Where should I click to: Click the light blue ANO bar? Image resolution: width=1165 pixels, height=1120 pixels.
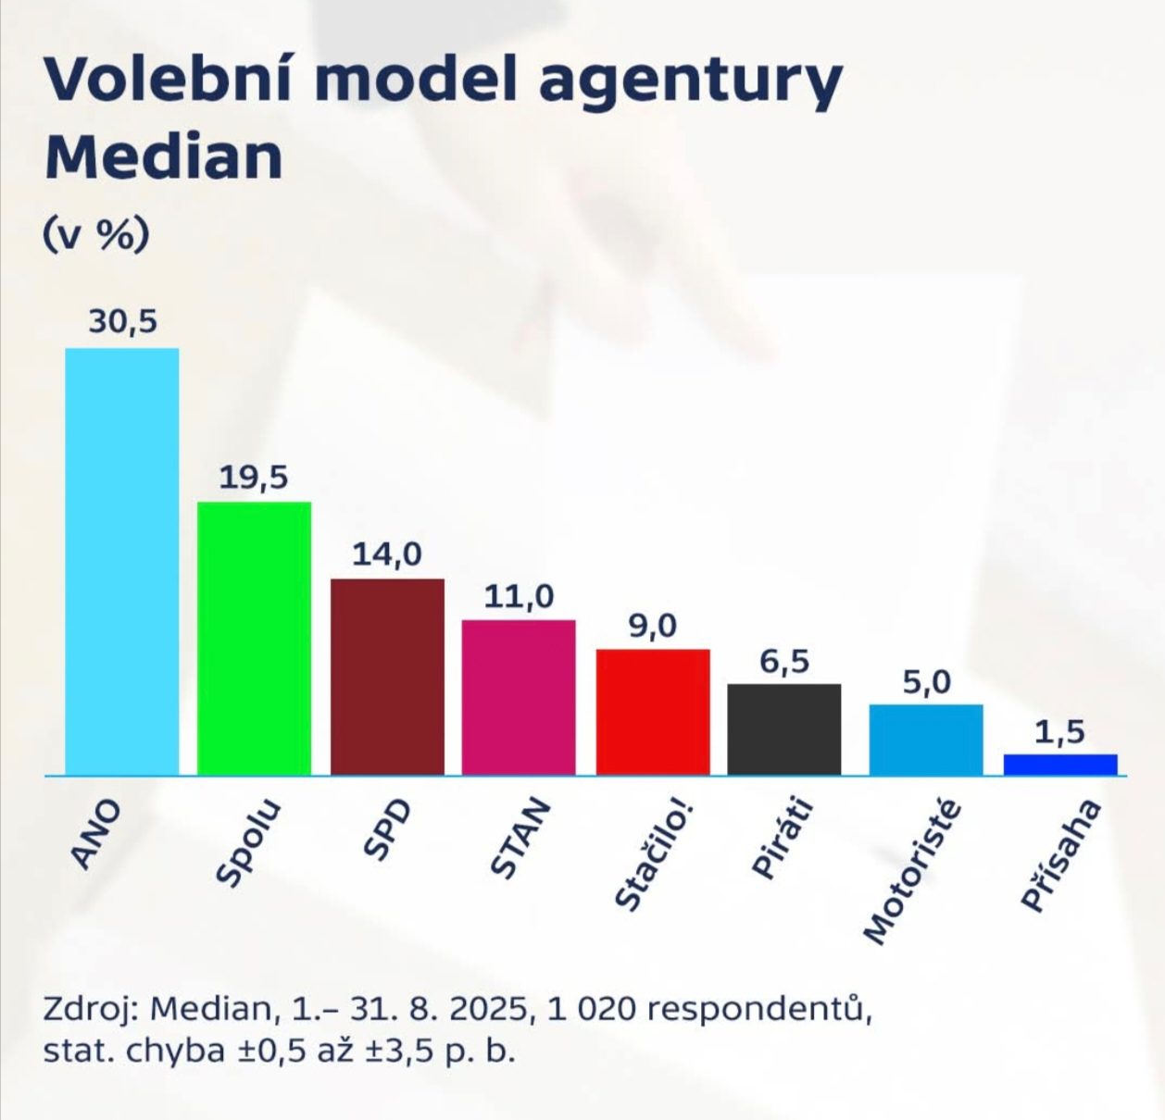pyautogui.click(x=121, y=561)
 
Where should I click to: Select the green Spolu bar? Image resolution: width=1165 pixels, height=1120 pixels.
pyautogui.click(x=254, y=638)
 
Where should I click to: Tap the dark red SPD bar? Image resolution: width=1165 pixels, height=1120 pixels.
pyautogui.click(x=387, y=677)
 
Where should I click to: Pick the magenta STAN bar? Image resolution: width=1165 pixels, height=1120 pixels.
pyautogui.click(x=519, y=697)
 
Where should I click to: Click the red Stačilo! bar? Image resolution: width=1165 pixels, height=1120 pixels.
pyautogui.click(x=653, y=712)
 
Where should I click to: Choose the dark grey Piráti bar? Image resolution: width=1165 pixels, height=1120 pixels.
pyautogui.click(x=784, y=729)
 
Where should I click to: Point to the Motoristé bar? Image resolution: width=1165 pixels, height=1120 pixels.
pyautogui.click(x=926, y=740)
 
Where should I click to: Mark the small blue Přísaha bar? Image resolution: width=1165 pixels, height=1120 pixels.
pyautogui.click(x=1060, y=765)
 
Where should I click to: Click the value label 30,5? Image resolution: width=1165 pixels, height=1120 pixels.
pyautogui.click(x=123, y=322)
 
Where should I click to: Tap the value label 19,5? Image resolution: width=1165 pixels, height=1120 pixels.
pyautogui.click(x=254, y=478)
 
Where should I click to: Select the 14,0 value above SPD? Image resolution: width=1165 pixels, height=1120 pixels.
pyautogui.click(x=387, y=554)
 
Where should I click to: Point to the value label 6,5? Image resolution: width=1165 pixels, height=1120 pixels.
pyautogui.click(x=784, y=662)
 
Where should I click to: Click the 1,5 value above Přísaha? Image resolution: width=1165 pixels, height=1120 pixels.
pyautogui.click(x=1060, y=732)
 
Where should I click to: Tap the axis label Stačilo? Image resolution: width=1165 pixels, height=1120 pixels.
pyautogui.click(x=652, y=855)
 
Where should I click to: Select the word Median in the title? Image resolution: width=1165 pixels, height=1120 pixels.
pyautogui.click(x=164, y=157)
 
